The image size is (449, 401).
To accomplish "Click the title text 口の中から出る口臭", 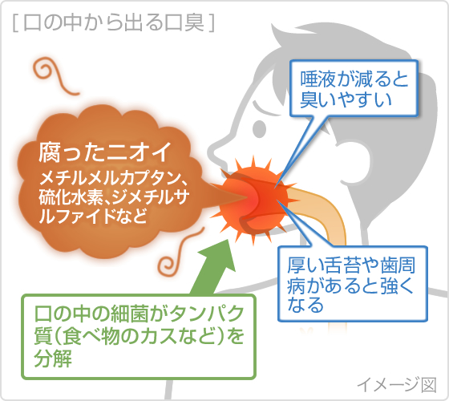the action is coord(114,22).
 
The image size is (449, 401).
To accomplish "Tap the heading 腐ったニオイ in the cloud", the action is coord(105,152).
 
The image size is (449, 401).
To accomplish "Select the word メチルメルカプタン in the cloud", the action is coord(110,178).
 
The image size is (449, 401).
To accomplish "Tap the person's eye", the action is coord(259,128).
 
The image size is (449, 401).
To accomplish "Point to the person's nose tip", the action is coord(211,150).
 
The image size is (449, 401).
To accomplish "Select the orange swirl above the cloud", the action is coord(55,76).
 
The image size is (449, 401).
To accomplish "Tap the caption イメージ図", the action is coord(397,384).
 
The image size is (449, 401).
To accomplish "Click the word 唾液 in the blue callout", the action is coord(318,79).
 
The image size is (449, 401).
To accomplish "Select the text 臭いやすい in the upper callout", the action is coord(346,99).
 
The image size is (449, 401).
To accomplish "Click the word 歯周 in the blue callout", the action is coord(398,265).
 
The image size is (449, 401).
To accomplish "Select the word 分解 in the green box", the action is coord(53,358).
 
